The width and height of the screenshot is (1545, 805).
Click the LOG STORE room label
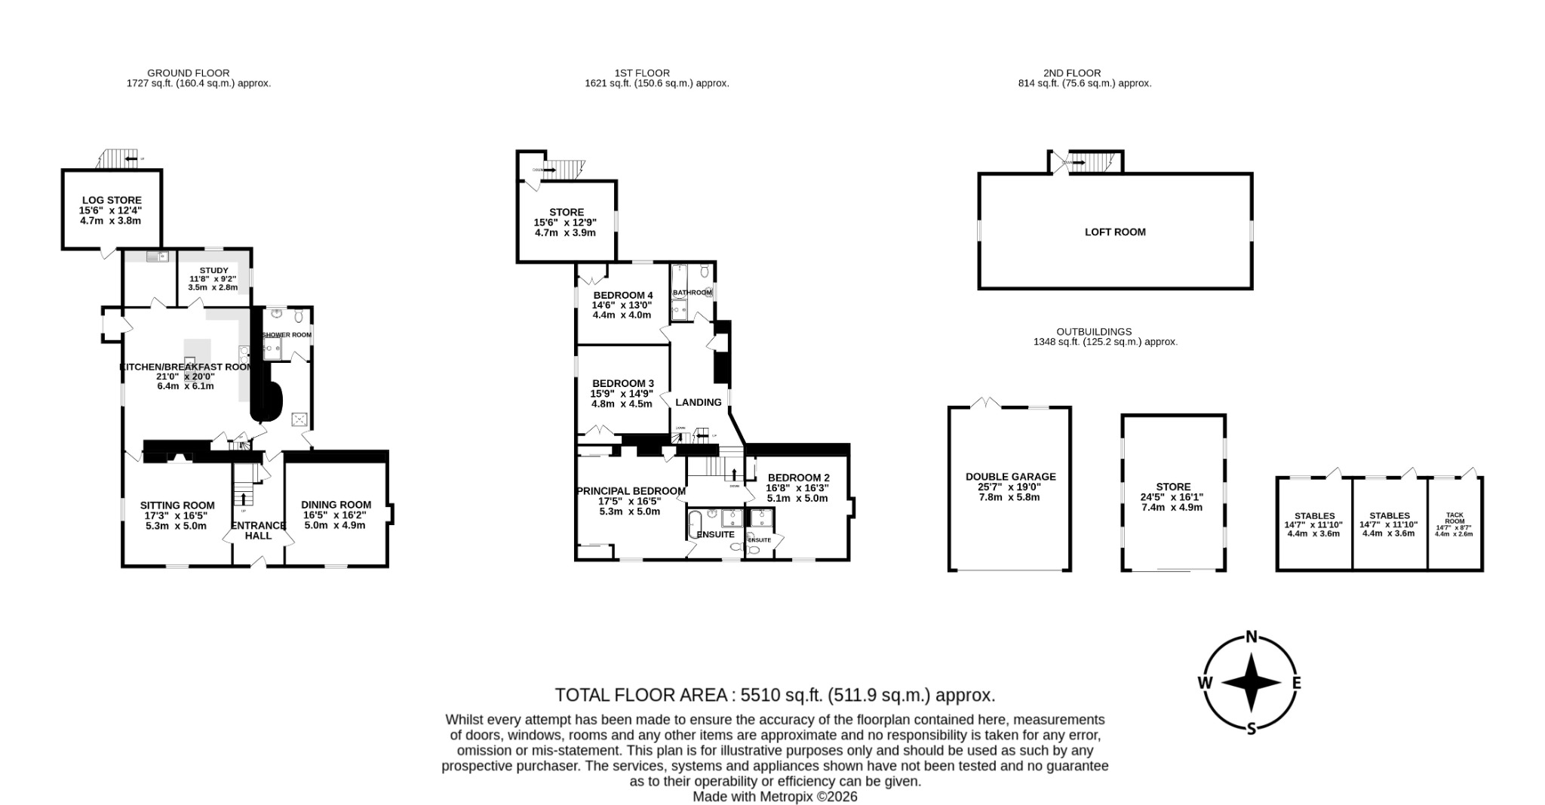112,200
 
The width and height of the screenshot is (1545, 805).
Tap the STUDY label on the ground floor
213,270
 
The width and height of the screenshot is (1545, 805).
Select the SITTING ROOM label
177,505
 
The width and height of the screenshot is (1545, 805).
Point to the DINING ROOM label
336,505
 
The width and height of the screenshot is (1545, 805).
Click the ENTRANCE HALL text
258,530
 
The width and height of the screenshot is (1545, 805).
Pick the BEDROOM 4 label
623,295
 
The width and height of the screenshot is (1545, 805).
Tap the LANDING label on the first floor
698,402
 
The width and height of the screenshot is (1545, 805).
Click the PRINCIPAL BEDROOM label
631,490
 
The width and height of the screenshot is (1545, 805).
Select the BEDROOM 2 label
798,478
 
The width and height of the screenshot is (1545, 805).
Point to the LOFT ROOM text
1114,232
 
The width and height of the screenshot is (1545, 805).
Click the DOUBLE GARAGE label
1010,477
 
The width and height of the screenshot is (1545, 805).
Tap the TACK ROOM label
1454,518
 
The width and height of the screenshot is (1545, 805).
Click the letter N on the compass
1251,636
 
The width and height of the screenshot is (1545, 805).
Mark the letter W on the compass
1205,683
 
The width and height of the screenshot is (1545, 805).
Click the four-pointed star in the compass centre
1251,683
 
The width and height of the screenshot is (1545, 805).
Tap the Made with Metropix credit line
775,797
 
